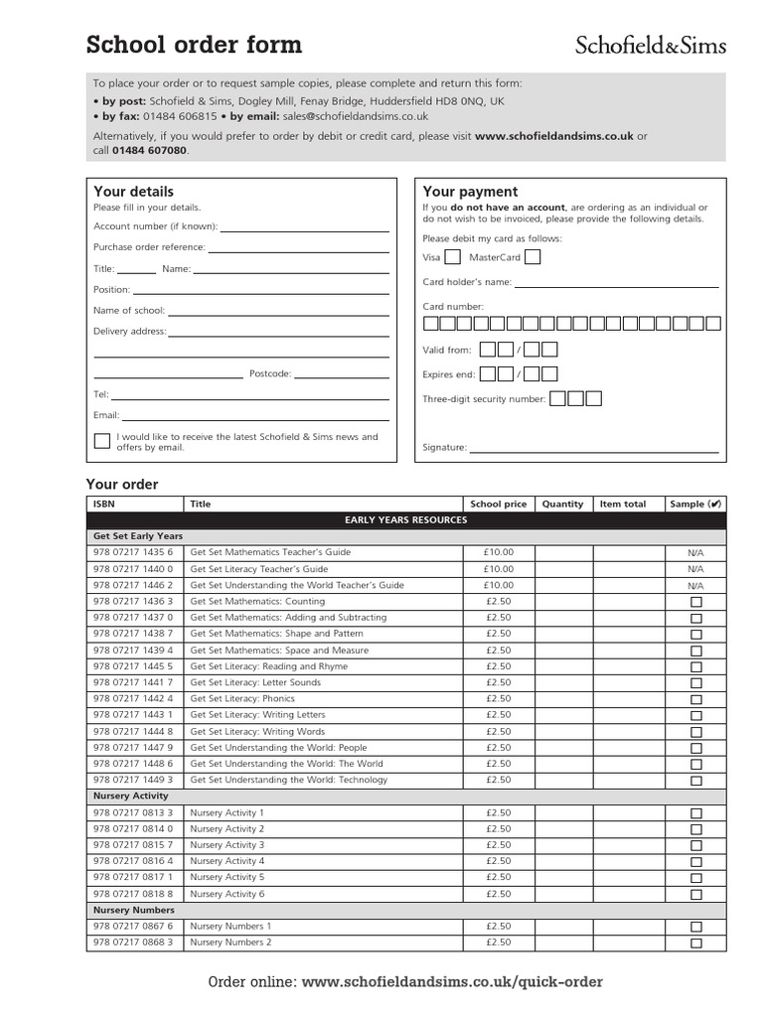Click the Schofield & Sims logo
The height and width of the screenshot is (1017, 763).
click(651, 45)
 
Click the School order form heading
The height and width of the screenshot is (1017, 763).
click(194, 45)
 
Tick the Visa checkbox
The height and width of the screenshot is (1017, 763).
click(452, 257)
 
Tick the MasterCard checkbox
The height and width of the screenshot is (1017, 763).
click(533, 257)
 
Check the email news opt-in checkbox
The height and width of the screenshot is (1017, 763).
click(102, 441)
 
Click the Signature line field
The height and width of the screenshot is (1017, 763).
click(593, 449)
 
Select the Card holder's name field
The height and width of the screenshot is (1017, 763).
click(616, 283)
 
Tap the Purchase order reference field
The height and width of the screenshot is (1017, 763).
click(298, 248)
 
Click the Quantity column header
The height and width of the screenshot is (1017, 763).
click(562, 504)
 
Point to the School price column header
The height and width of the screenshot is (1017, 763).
click(499, 504)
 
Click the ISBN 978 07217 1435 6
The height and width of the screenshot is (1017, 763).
click(133, 552)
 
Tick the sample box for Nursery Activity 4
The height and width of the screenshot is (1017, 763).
click(695, 862)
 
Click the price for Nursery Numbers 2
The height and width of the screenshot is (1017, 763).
click(499, 943)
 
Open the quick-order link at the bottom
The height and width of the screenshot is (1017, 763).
click(452, 982)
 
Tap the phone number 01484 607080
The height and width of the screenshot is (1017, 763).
click(149, 150)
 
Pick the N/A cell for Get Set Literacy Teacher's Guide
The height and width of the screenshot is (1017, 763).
click(695, 569)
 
